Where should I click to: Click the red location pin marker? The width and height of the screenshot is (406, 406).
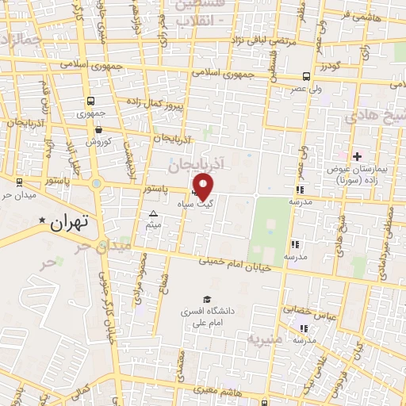click(205, 187)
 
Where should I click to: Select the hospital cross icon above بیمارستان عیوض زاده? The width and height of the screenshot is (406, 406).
click(357, 156)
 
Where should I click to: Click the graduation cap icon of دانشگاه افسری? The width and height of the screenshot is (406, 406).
click(207, 300)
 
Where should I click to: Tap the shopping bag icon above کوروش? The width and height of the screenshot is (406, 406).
click(98, 129)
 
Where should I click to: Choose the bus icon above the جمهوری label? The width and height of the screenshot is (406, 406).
click(91, 101)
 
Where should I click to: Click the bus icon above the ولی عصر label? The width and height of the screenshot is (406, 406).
click(306, 77)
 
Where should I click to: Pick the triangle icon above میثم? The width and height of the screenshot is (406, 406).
click(154, 214)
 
